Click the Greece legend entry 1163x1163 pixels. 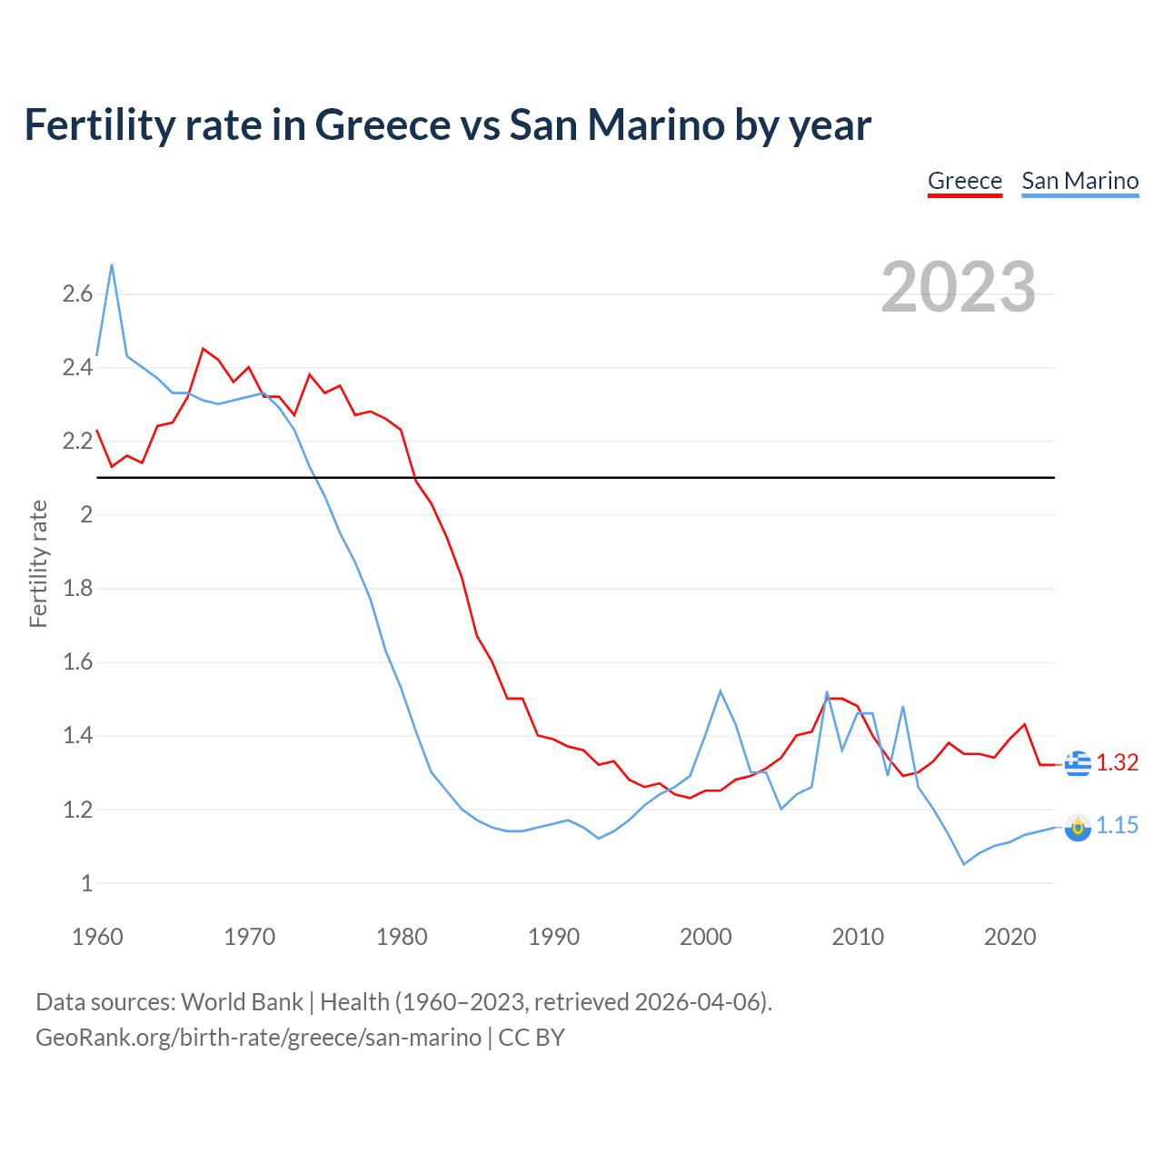coord(964,181)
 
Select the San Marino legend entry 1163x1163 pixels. coord(1079,181)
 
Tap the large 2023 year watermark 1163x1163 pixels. coord(958,287)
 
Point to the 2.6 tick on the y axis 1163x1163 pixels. coord(77,293)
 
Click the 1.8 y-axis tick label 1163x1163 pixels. coord(77,588)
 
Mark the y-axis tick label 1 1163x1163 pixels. coord(86,882)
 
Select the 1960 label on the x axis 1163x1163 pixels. coord(97,937)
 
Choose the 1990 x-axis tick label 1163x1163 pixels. coord(553,937)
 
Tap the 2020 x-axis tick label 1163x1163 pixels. coord(1009,937)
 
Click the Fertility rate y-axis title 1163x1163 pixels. coord(38,563)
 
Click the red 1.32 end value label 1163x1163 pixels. coord(1117,762)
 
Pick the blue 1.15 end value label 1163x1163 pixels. coord(1117,825)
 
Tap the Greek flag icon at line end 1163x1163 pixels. coord(1078,763)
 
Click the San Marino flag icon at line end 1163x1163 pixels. coord(1078,828)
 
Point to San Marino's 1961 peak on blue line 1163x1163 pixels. coord(112,264)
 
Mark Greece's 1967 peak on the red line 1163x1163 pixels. coord(204,349)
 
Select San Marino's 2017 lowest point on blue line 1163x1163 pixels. coord(964,864)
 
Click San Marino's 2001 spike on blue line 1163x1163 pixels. coord(721,691)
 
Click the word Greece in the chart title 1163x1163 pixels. coord(383,124)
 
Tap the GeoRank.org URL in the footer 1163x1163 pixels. coord(258,1037)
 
